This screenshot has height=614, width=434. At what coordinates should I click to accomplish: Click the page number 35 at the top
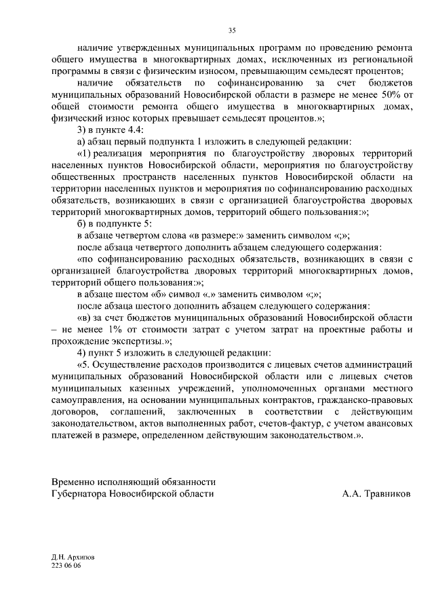click(232, 31)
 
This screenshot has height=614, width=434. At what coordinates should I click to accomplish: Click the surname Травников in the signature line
click(387, 494)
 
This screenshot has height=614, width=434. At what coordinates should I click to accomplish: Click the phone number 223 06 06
click(66, 565)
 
